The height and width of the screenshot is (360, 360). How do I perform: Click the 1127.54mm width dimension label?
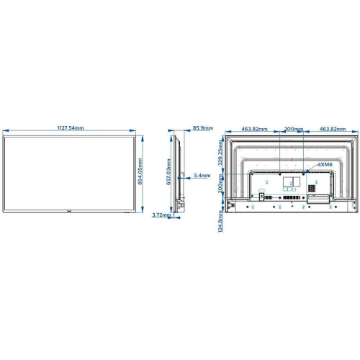(70, 128)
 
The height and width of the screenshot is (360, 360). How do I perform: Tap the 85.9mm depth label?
(202, 128)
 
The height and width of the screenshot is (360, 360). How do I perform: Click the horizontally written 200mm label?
(292, 129)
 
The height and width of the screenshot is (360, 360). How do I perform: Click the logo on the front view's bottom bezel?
(70, 211)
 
